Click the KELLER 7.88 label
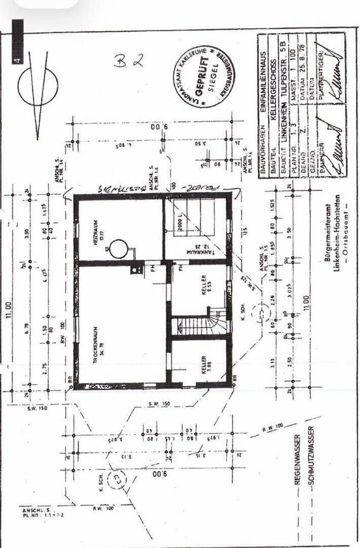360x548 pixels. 204,364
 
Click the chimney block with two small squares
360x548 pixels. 136,269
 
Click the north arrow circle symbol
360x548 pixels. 38,87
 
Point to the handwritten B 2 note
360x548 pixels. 129,61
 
